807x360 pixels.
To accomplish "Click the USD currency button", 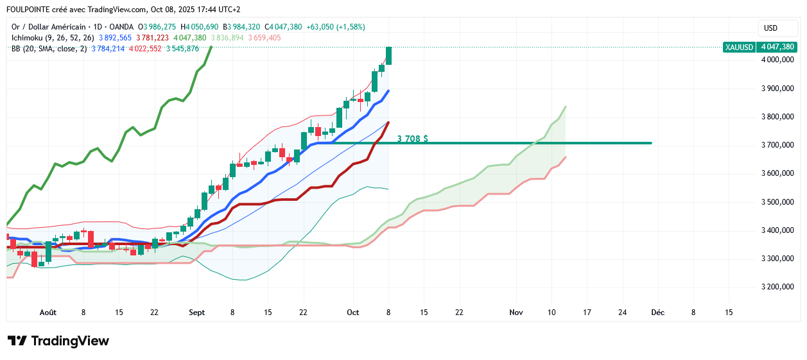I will pyautogui.click(x=770, y=28).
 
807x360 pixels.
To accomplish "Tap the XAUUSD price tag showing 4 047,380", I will pyautogui.click(x=759, y=47).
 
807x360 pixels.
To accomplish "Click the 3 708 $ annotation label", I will pyautogui.click(x=412, y=138).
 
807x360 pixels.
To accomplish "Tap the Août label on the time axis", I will pyautogui.click(x=48, y=313).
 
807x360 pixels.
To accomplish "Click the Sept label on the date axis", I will pyautogui.click(x=197, y=313).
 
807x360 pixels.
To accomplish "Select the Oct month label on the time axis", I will pyautogui.click(x=352, y=313).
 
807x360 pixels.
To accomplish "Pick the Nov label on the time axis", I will pyautogui.click(x=516, y=313).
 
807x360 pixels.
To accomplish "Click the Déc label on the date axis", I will pyautogui.click(x=657, y=313).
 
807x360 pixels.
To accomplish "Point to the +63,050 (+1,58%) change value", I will pyautogui.click(x=335, y=27).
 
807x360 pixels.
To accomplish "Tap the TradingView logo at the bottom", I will pyautogui.click(x=58, y=341).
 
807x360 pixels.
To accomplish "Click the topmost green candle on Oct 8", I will pyautogui.click(x=389, y=55).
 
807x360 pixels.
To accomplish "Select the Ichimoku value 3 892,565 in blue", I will pyautogui.click(x=115, y=38).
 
